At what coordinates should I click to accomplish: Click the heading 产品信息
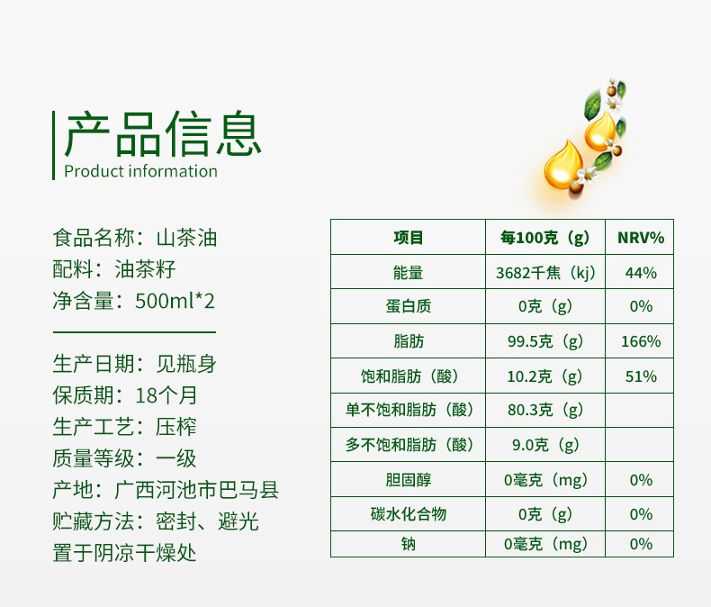tap(163, 133)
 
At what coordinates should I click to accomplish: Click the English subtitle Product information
tap(140, 171)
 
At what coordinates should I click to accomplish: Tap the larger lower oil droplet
tap(563, 165)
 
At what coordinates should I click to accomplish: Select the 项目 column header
tap(408, 237)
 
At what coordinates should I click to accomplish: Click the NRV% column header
tap(640, 237)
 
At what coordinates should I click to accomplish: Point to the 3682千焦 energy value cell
tap(545, 273)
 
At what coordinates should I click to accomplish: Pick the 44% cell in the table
tap(640, 273)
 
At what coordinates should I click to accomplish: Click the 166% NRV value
tap(640, 341)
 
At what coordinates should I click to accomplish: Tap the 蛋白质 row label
tap(408, 306)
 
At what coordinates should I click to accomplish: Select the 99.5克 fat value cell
tap(545, 341)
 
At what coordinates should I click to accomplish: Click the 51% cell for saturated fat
tap(640, 376)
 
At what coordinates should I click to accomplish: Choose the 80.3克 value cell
tap(545, 410)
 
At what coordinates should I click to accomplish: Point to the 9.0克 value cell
tap(545, 445)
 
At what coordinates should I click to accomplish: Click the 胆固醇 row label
tap(408, 479)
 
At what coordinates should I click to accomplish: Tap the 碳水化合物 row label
tap(408, 514)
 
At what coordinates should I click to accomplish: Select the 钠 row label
tap(408, 543)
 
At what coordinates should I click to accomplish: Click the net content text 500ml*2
tap(175, 301)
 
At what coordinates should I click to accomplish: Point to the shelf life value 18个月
tap(166, 395)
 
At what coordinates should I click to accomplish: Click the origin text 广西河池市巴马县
tap(196, 490)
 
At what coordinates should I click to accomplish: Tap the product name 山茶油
tap(186, 238)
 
